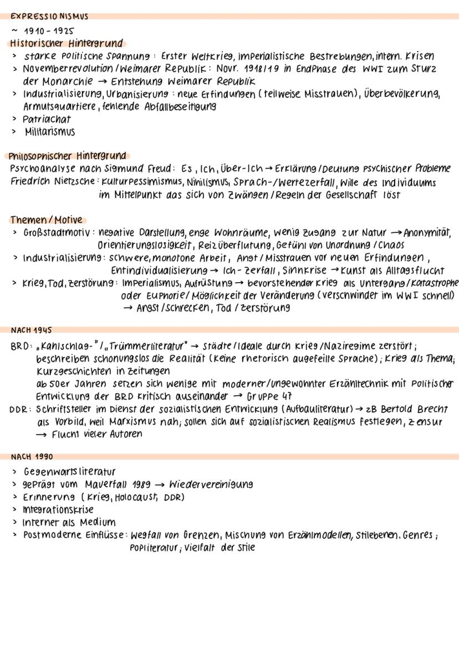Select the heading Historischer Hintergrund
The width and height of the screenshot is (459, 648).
point(66,43)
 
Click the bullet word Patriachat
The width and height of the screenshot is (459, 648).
point(47,119)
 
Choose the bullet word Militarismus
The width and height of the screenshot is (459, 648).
point(49,132)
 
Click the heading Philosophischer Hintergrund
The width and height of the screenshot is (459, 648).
point(68,156)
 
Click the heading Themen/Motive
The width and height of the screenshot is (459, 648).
point(46,220)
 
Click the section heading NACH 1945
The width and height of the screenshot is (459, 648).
point(31,330)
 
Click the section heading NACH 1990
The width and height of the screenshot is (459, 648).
point(31,457)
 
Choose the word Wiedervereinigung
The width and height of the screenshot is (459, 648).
point(211,484)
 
